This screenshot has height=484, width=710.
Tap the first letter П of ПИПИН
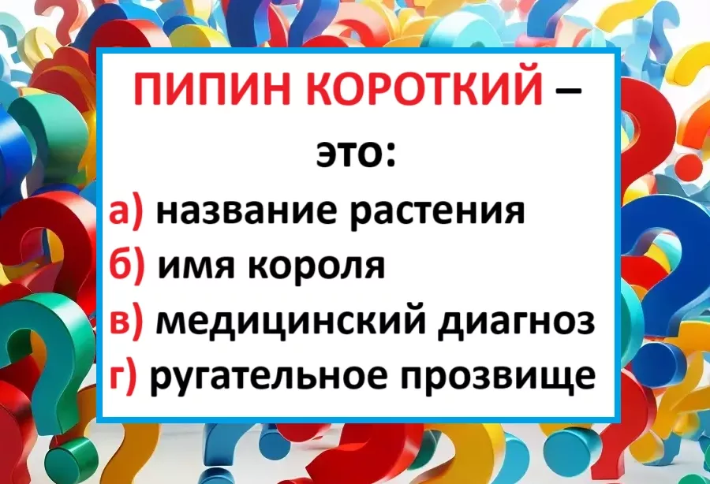pyautogui.click(x=150, y=88)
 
